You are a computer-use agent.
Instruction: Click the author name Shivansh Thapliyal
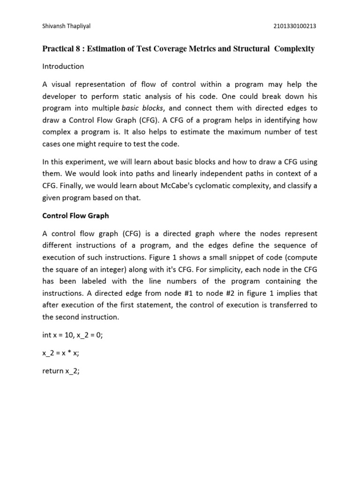(x=66, y=26)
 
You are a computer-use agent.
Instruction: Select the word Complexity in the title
(x=291, y=49)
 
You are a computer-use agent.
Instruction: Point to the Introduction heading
(x=63, y=67)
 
